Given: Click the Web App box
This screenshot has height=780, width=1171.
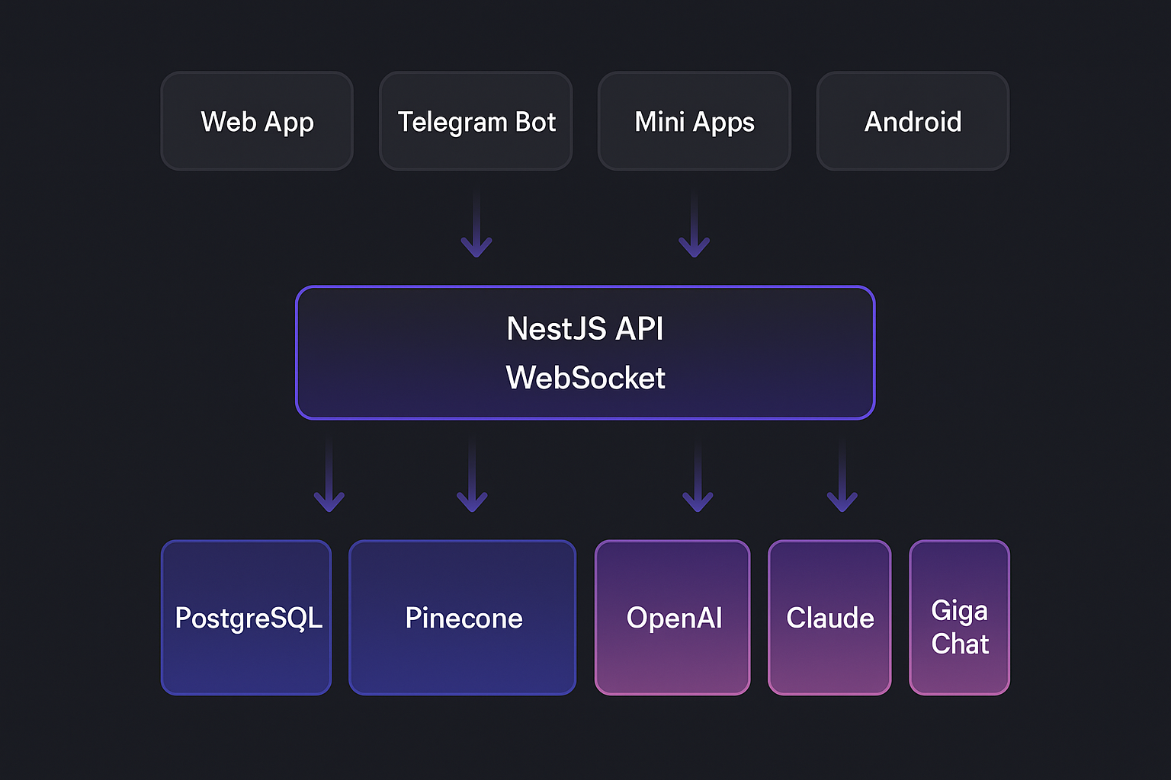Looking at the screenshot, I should [257, 122].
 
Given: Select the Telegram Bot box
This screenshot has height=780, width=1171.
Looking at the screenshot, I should [476, 122].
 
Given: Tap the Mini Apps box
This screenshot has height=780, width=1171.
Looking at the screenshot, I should [695, 122].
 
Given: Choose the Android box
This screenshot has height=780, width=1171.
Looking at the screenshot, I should [913, 122].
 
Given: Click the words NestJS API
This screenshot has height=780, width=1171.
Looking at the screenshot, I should [585, 329].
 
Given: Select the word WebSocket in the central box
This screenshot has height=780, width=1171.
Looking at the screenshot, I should [585, 378].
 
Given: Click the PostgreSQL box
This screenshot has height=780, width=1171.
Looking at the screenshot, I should [246, 618].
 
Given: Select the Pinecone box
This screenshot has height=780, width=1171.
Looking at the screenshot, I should [463, 618].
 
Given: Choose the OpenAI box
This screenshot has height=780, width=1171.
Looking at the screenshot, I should [672, 618].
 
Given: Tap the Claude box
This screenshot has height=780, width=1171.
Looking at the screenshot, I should [829, 618].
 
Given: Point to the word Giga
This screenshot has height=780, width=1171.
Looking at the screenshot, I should [959, 611].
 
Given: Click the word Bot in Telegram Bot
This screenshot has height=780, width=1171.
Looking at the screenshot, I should [536, 122].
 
